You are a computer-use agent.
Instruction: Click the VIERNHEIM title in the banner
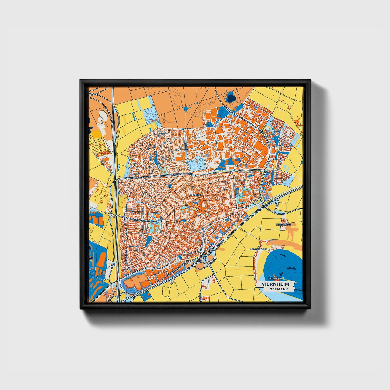275,284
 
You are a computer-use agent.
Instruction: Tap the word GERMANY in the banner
279,289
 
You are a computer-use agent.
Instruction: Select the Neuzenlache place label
259,249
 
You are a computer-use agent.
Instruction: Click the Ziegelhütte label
284,225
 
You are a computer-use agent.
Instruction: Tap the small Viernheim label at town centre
196,195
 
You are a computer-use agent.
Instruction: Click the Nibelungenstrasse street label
139,177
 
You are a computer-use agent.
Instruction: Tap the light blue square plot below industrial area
196,164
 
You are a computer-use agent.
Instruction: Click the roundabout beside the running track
231,113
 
